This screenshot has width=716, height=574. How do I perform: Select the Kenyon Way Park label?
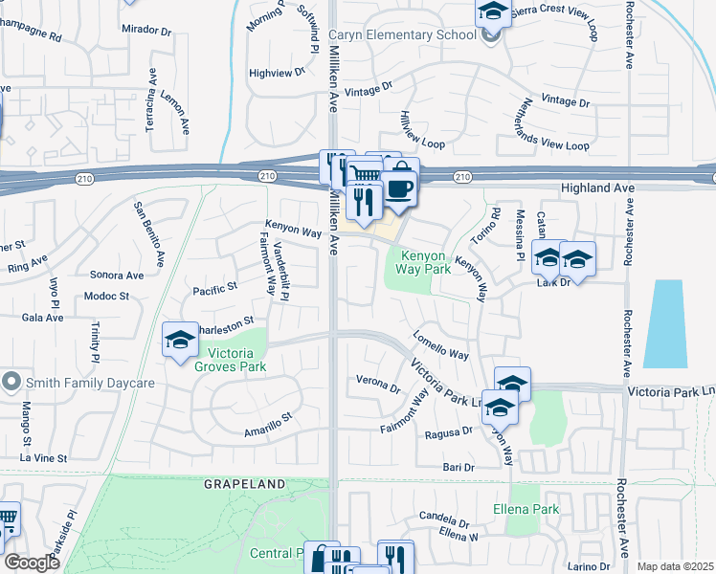click(426, 264)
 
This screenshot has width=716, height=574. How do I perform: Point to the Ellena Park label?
click(526, 509)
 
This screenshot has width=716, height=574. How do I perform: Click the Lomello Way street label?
click(440, 345)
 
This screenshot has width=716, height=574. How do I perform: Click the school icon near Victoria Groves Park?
click(180, 340)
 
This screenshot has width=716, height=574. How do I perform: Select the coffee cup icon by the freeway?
click(400, 186)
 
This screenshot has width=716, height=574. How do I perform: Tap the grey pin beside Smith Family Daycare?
click(11, 382)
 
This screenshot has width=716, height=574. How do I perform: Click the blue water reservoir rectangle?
click(664, 323)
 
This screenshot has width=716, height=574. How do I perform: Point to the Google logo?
click(32, 563)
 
